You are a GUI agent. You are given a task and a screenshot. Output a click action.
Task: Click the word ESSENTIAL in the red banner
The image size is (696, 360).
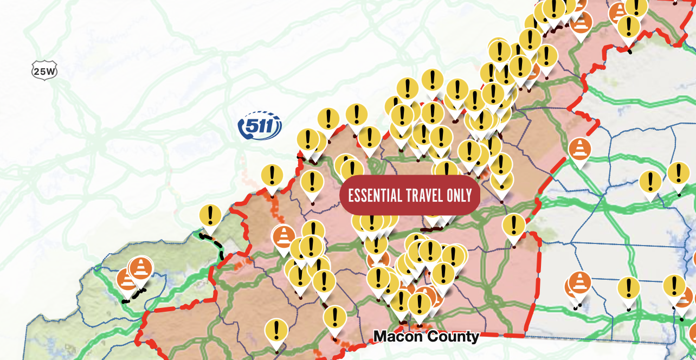375,195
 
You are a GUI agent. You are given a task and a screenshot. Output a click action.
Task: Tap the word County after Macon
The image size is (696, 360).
453,337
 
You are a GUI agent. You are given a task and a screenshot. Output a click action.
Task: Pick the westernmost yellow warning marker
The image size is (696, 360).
210,216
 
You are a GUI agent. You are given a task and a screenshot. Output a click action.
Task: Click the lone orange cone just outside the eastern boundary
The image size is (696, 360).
580,148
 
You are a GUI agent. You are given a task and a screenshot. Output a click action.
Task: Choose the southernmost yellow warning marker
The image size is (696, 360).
276,330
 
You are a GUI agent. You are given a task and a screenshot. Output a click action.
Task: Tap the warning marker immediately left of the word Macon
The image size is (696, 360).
335,317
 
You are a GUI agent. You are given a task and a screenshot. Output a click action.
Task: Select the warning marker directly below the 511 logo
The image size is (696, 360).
272,176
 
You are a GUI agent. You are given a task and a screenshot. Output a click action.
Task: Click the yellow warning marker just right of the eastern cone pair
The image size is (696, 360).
629,288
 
